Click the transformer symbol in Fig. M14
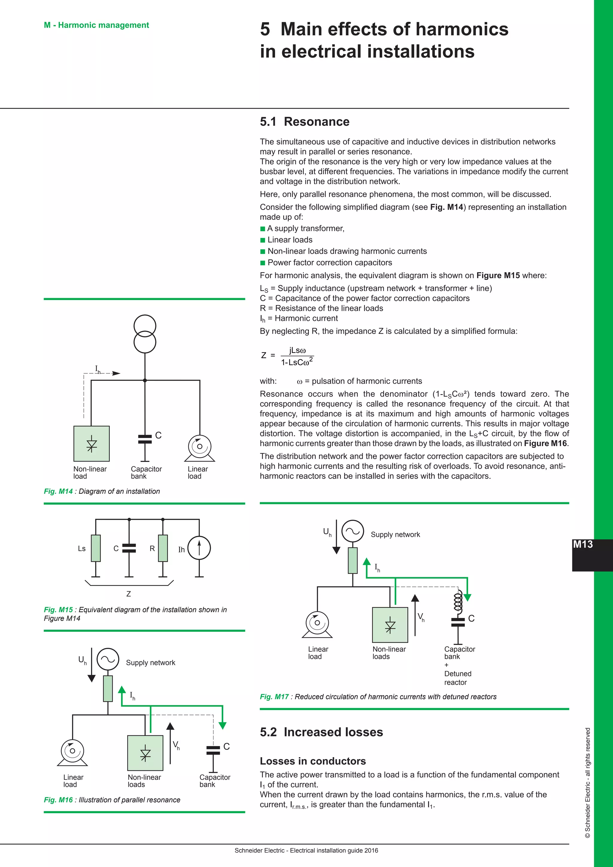click(x=145, y=334)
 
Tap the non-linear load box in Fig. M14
click(x=91, y=444)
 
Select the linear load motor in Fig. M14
click(x=199, y=448)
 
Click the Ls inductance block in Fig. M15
click(x=96, y=548)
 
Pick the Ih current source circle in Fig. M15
click(x=199, y=548)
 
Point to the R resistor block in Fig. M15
click(x=163, y=548)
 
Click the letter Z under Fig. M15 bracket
click(x=129, y=594)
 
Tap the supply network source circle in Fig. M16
click(x=108, y=659)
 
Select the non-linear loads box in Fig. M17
click(x=390, y=625)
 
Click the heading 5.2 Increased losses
click(x=321, y=732)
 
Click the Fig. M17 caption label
click(x=274, y=697)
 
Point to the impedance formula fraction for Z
click(x=297, y=356)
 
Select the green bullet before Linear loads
click(x=263, y=240)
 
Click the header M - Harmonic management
click(x=96, y=25)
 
